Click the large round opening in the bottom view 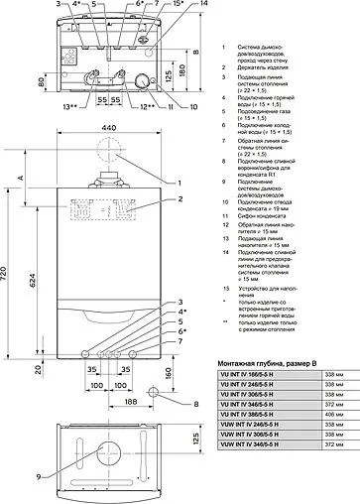pyautogui.click(x=102, y=465)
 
